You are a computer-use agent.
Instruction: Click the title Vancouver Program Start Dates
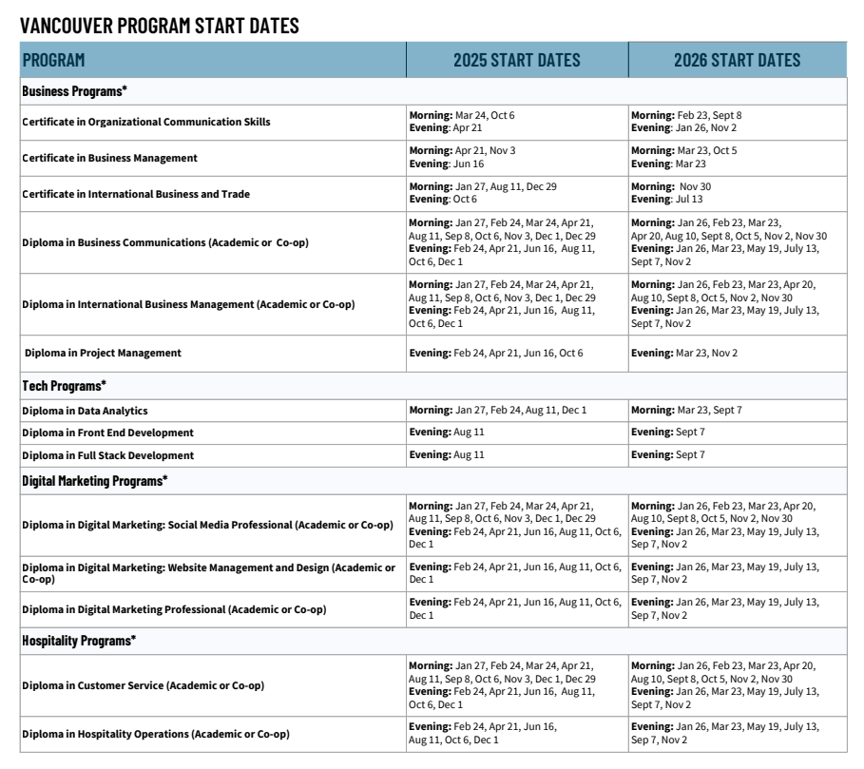(x=160, y=26)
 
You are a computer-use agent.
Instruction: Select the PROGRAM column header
(x=54, y=61)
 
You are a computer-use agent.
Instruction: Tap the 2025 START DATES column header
(x=516, y=61)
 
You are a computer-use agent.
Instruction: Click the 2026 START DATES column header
(x=737, y=61)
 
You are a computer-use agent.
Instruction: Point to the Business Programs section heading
(x=75, y=91)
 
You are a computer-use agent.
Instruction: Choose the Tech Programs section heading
(x=65, y=386)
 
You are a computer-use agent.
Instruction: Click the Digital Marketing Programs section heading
(x=95, y=481)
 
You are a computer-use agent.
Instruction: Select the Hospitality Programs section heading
(x=79, y=641)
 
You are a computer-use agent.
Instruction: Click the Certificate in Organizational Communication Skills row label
(x=146, y=122)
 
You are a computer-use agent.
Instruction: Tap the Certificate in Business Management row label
(x=110, y=158)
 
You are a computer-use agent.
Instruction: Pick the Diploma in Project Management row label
(x=103, y=353)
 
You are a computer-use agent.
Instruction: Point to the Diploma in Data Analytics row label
(x=86, y=411)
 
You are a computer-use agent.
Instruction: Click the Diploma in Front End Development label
(x=108, y=433)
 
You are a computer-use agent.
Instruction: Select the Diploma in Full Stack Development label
(x=108, y=455)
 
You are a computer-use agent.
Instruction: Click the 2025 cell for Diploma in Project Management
(x=496, y=353)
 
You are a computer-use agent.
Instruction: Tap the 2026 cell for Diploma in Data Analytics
(x=686, y=411)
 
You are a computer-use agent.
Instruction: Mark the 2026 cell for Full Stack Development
(x=668, y=455)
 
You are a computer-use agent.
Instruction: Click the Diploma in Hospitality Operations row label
(x=156, y=734)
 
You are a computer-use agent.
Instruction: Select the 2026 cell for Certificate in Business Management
(x=683, y=158)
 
